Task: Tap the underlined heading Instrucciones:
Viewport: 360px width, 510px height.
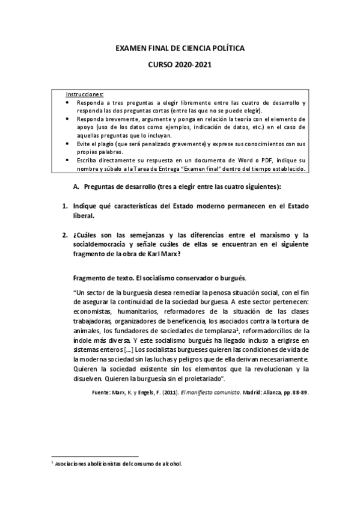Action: click(x=84, y=94)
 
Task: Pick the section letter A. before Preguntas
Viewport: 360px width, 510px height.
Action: click(x=76, y=187)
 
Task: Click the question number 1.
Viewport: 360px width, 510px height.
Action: click(x=66, y=206)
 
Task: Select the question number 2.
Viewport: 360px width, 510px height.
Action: click(x=66, y=235)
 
